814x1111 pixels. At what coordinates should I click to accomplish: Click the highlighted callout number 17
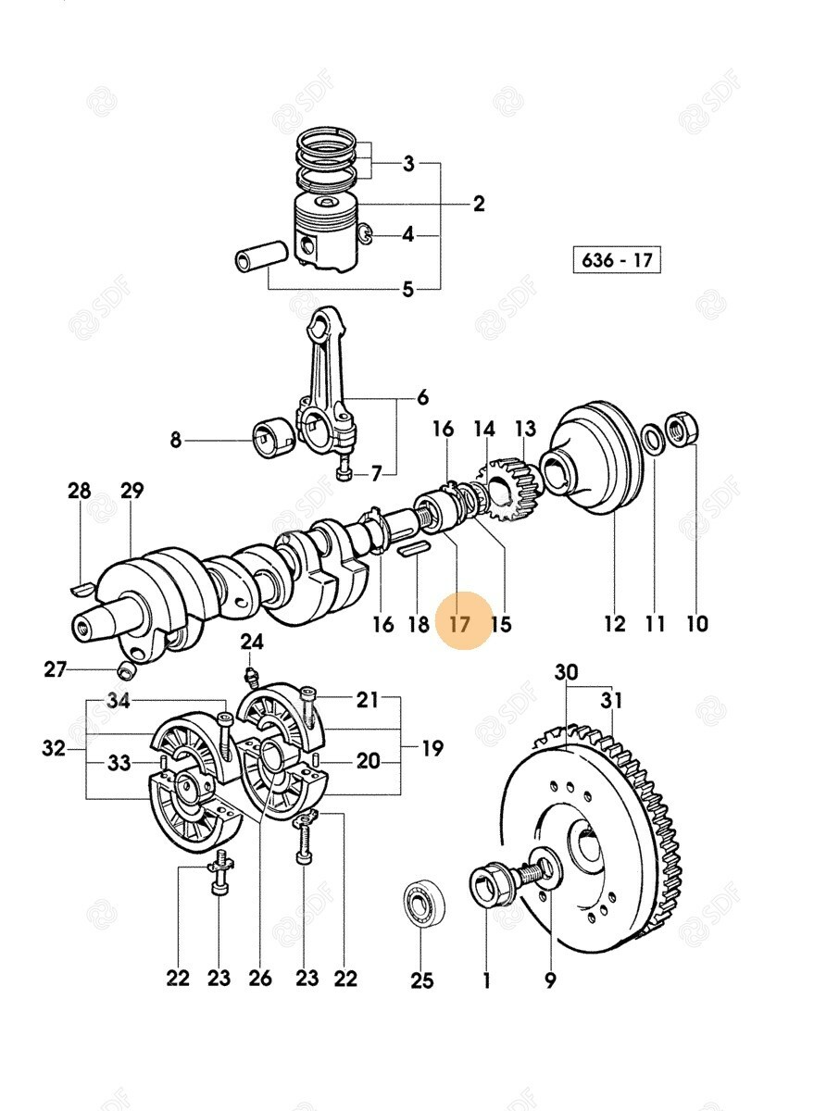click(x=460, y=623)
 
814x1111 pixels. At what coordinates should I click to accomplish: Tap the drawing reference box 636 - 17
click(x=617, y=260)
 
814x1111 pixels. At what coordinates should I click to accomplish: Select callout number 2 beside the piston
click(x=478, y=204)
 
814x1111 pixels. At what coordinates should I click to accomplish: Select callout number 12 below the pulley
click(x=615, y=623)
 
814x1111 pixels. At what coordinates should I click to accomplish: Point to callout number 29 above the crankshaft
click(x=132, y=491)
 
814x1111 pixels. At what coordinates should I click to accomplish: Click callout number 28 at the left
click(x=80, y=491)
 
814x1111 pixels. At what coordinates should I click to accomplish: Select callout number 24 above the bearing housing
click(x=252, y=642)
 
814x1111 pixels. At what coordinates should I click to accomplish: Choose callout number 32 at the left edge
click(x=54, y=747)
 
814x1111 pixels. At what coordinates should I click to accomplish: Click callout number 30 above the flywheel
click(x=567, y=672)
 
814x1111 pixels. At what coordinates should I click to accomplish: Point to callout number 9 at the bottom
click(x=550, y=978)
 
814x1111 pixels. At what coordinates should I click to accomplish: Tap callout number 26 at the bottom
click(x=260, y=978)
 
